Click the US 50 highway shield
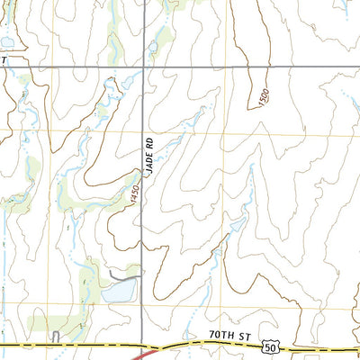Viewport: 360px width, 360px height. (271, 346)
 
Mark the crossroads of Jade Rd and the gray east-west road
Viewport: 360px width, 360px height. (144, 67)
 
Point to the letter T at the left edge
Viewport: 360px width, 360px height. (4, 59)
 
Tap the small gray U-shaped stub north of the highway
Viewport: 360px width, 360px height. (55, 337)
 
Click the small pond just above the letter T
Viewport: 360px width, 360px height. (6, 41)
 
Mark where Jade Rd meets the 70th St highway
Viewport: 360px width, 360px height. (144, 345)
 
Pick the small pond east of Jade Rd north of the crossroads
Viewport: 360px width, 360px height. (165, 36)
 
